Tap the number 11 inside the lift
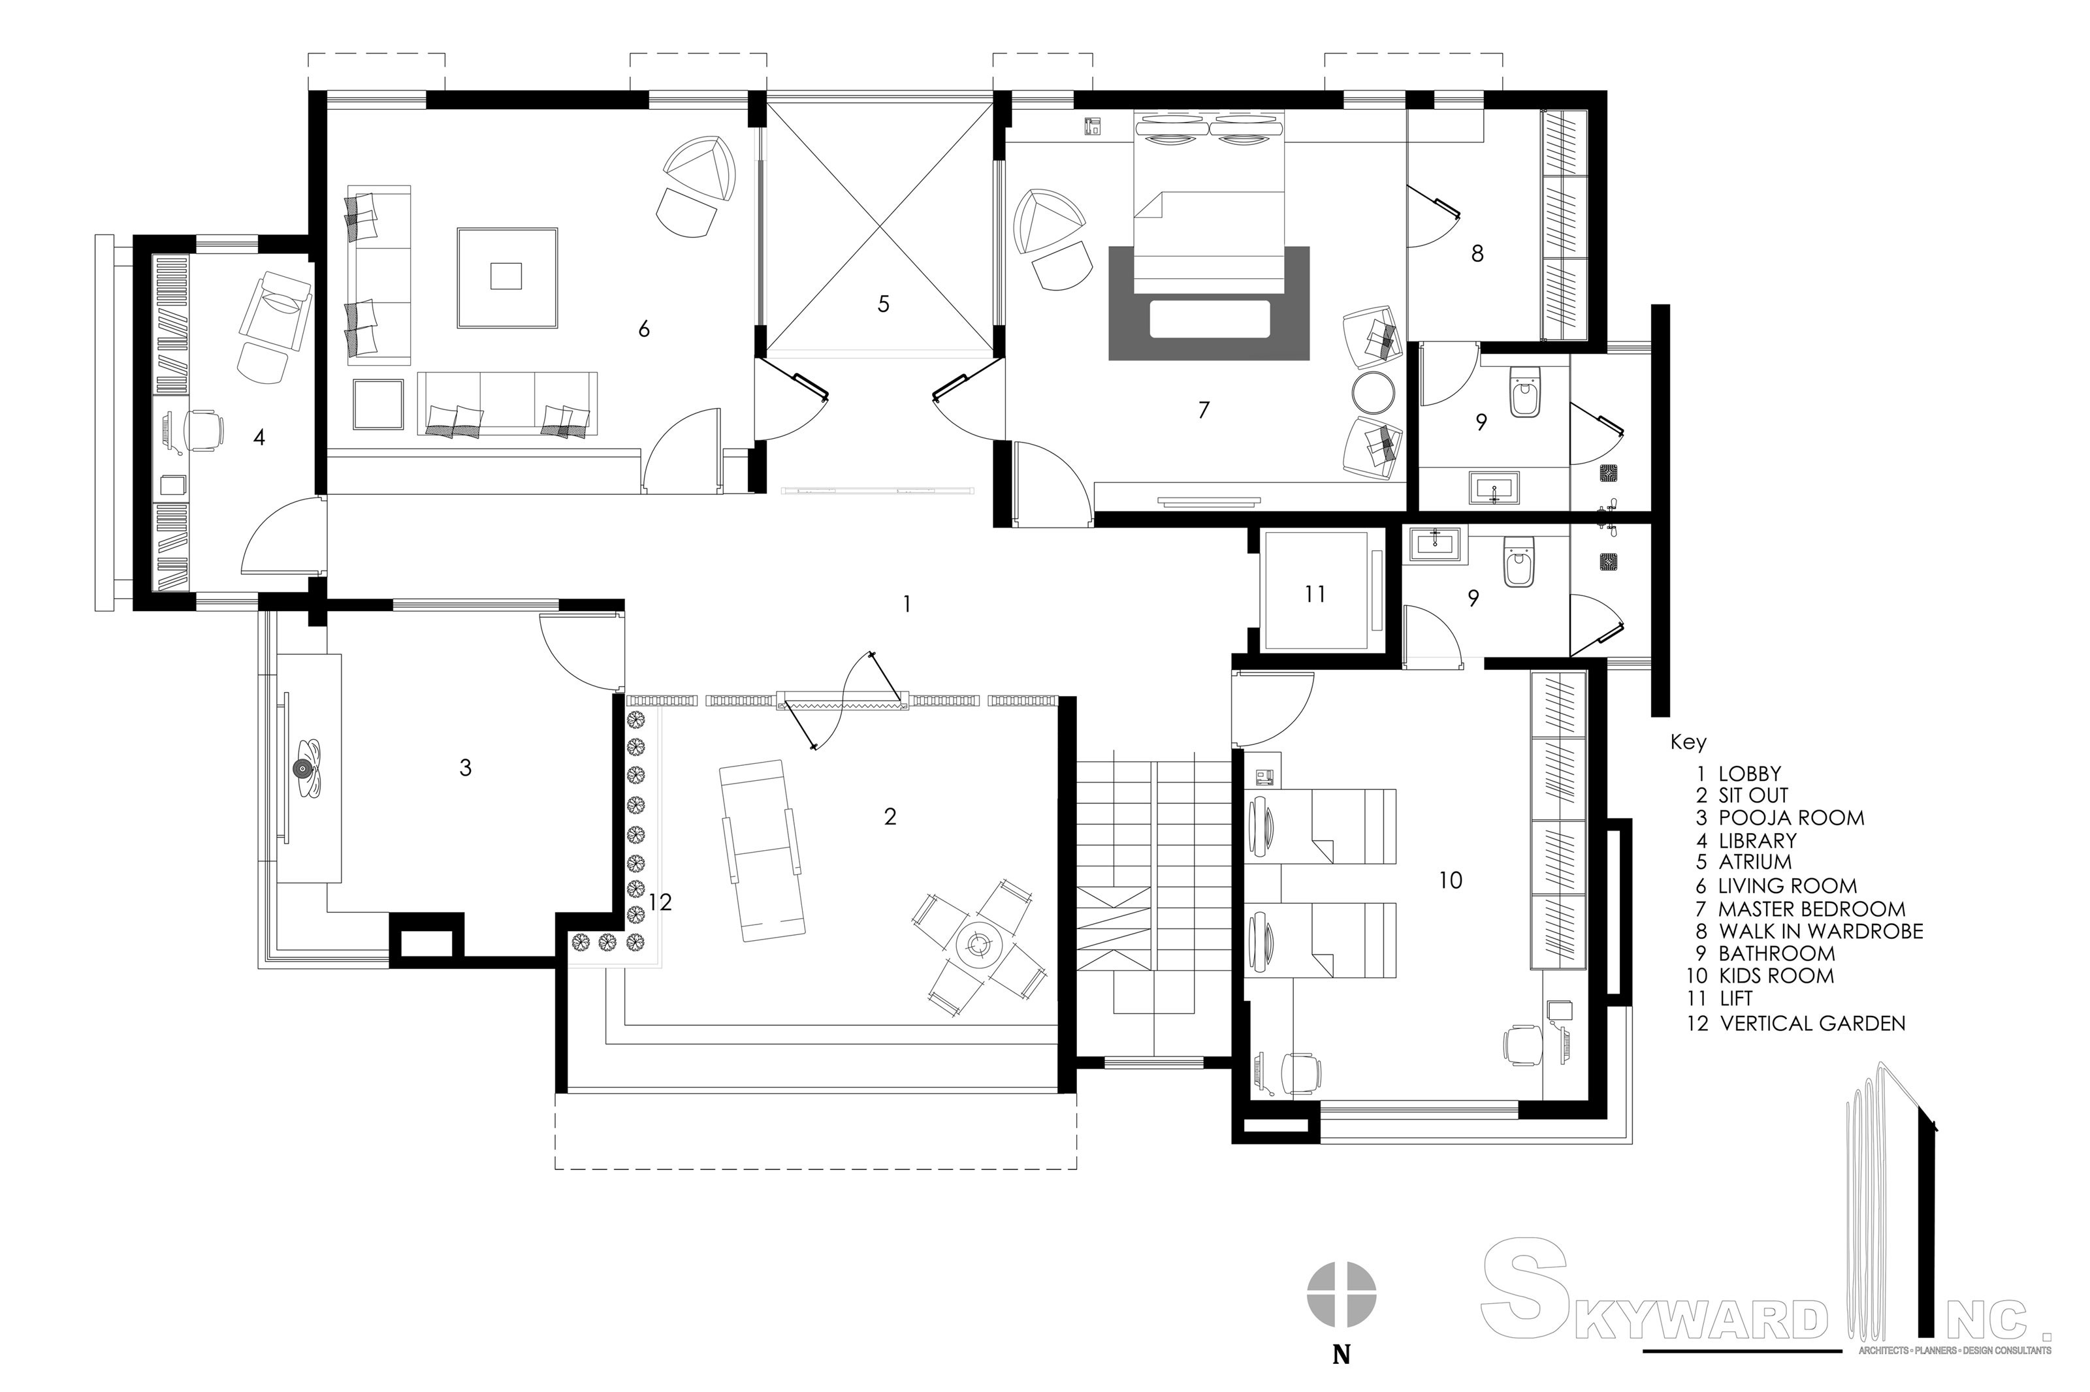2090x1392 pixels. [1315, 594]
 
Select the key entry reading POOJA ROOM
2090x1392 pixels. [1790, 817]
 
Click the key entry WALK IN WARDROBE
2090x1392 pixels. [1820, 931]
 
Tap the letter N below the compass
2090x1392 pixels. [1342, 1355]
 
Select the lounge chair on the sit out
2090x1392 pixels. [760, 849]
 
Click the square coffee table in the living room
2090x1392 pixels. [507, 277]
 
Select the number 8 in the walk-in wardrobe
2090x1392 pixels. [1477, 254]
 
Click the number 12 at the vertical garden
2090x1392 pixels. [660, 902]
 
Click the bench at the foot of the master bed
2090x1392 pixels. [1208, 319]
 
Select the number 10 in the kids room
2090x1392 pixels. [1450, 879]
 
